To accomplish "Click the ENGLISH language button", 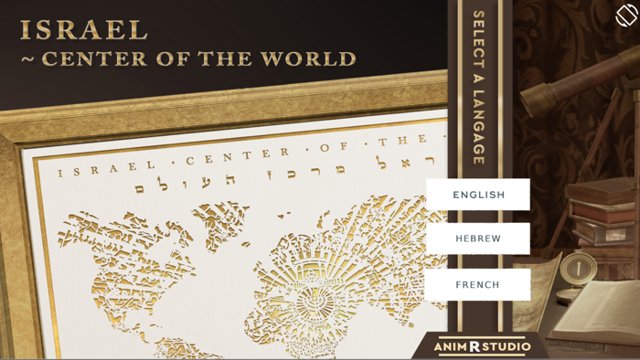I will [x=478, y=195].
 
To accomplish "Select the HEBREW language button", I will [x=478, y=238].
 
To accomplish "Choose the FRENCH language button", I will [x=478, y=284].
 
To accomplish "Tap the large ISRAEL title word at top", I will [x=83, y=30].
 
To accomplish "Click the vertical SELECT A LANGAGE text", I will [x=478, y=88].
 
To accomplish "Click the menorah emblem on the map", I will [x=317, y=299].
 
